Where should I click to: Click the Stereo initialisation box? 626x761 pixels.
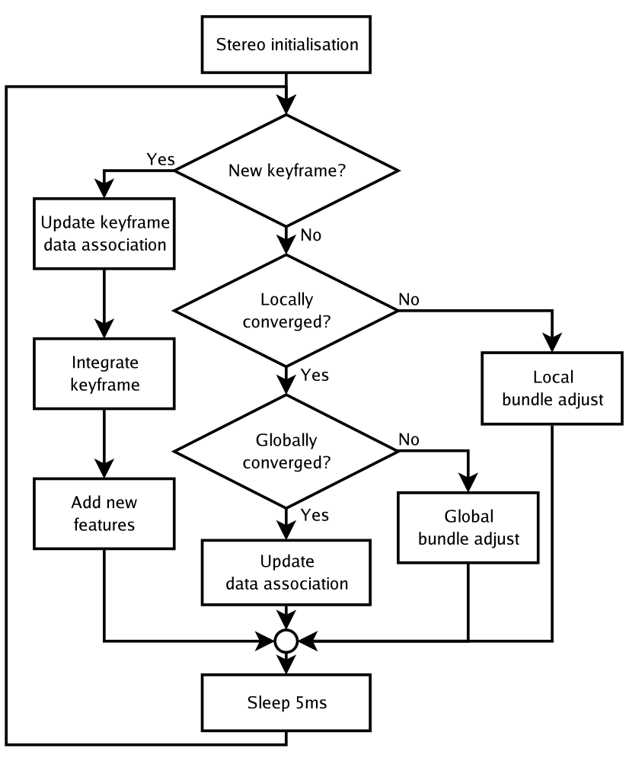[286, 44]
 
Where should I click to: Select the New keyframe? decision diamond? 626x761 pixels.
[286, 171]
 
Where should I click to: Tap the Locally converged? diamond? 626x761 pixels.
[286, 310]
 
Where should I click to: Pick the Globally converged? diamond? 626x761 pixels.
[286, 451]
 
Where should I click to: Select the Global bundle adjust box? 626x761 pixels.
[468, 528]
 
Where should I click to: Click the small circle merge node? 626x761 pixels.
[286, 641]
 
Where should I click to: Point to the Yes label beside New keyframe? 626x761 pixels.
[161, 160]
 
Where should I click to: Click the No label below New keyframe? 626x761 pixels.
[310, 235]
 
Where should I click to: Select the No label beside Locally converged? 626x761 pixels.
[408, 299]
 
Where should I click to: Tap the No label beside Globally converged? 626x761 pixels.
[408, 440]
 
